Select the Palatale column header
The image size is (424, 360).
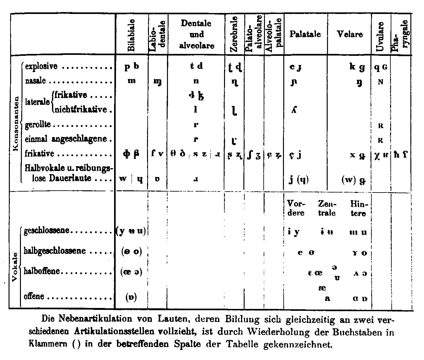click(305, 34)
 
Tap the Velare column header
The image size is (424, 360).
click(350, 34)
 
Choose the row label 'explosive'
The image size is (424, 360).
click(41, 66)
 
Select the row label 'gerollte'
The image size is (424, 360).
click(38, 124)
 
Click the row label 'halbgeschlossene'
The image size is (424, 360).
click(55, 251)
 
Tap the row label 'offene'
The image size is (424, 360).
click(34, 297)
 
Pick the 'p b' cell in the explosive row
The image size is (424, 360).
click(132, 66)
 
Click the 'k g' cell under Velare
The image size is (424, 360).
click(357, 67)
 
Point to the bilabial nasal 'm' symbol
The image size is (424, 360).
click(132, 81)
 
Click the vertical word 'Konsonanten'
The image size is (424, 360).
click(16, 124)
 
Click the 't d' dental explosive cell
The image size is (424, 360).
click(196, 66)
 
